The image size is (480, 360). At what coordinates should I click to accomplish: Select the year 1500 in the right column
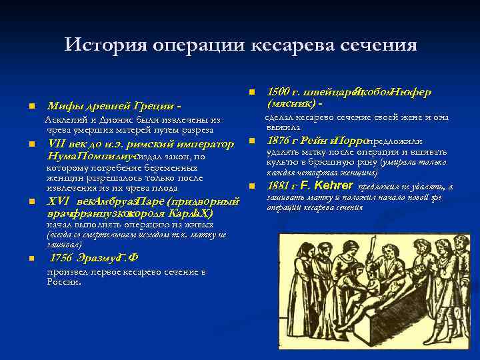click(x=280, y=92)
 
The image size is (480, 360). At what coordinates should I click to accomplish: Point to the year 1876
click(x=280, y=141)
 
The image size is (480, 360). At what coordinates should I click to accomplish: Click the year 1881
click(x=280, y=186)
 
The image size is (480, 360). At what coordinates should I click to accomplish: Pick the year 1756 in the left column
click(x=66, y=259)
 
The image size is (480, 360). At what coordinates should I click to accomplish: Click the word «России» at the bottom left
click(x=63, y=281)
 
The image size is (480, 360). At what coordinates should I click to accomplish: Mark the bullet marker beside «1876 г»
click(x=252, y=141)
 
